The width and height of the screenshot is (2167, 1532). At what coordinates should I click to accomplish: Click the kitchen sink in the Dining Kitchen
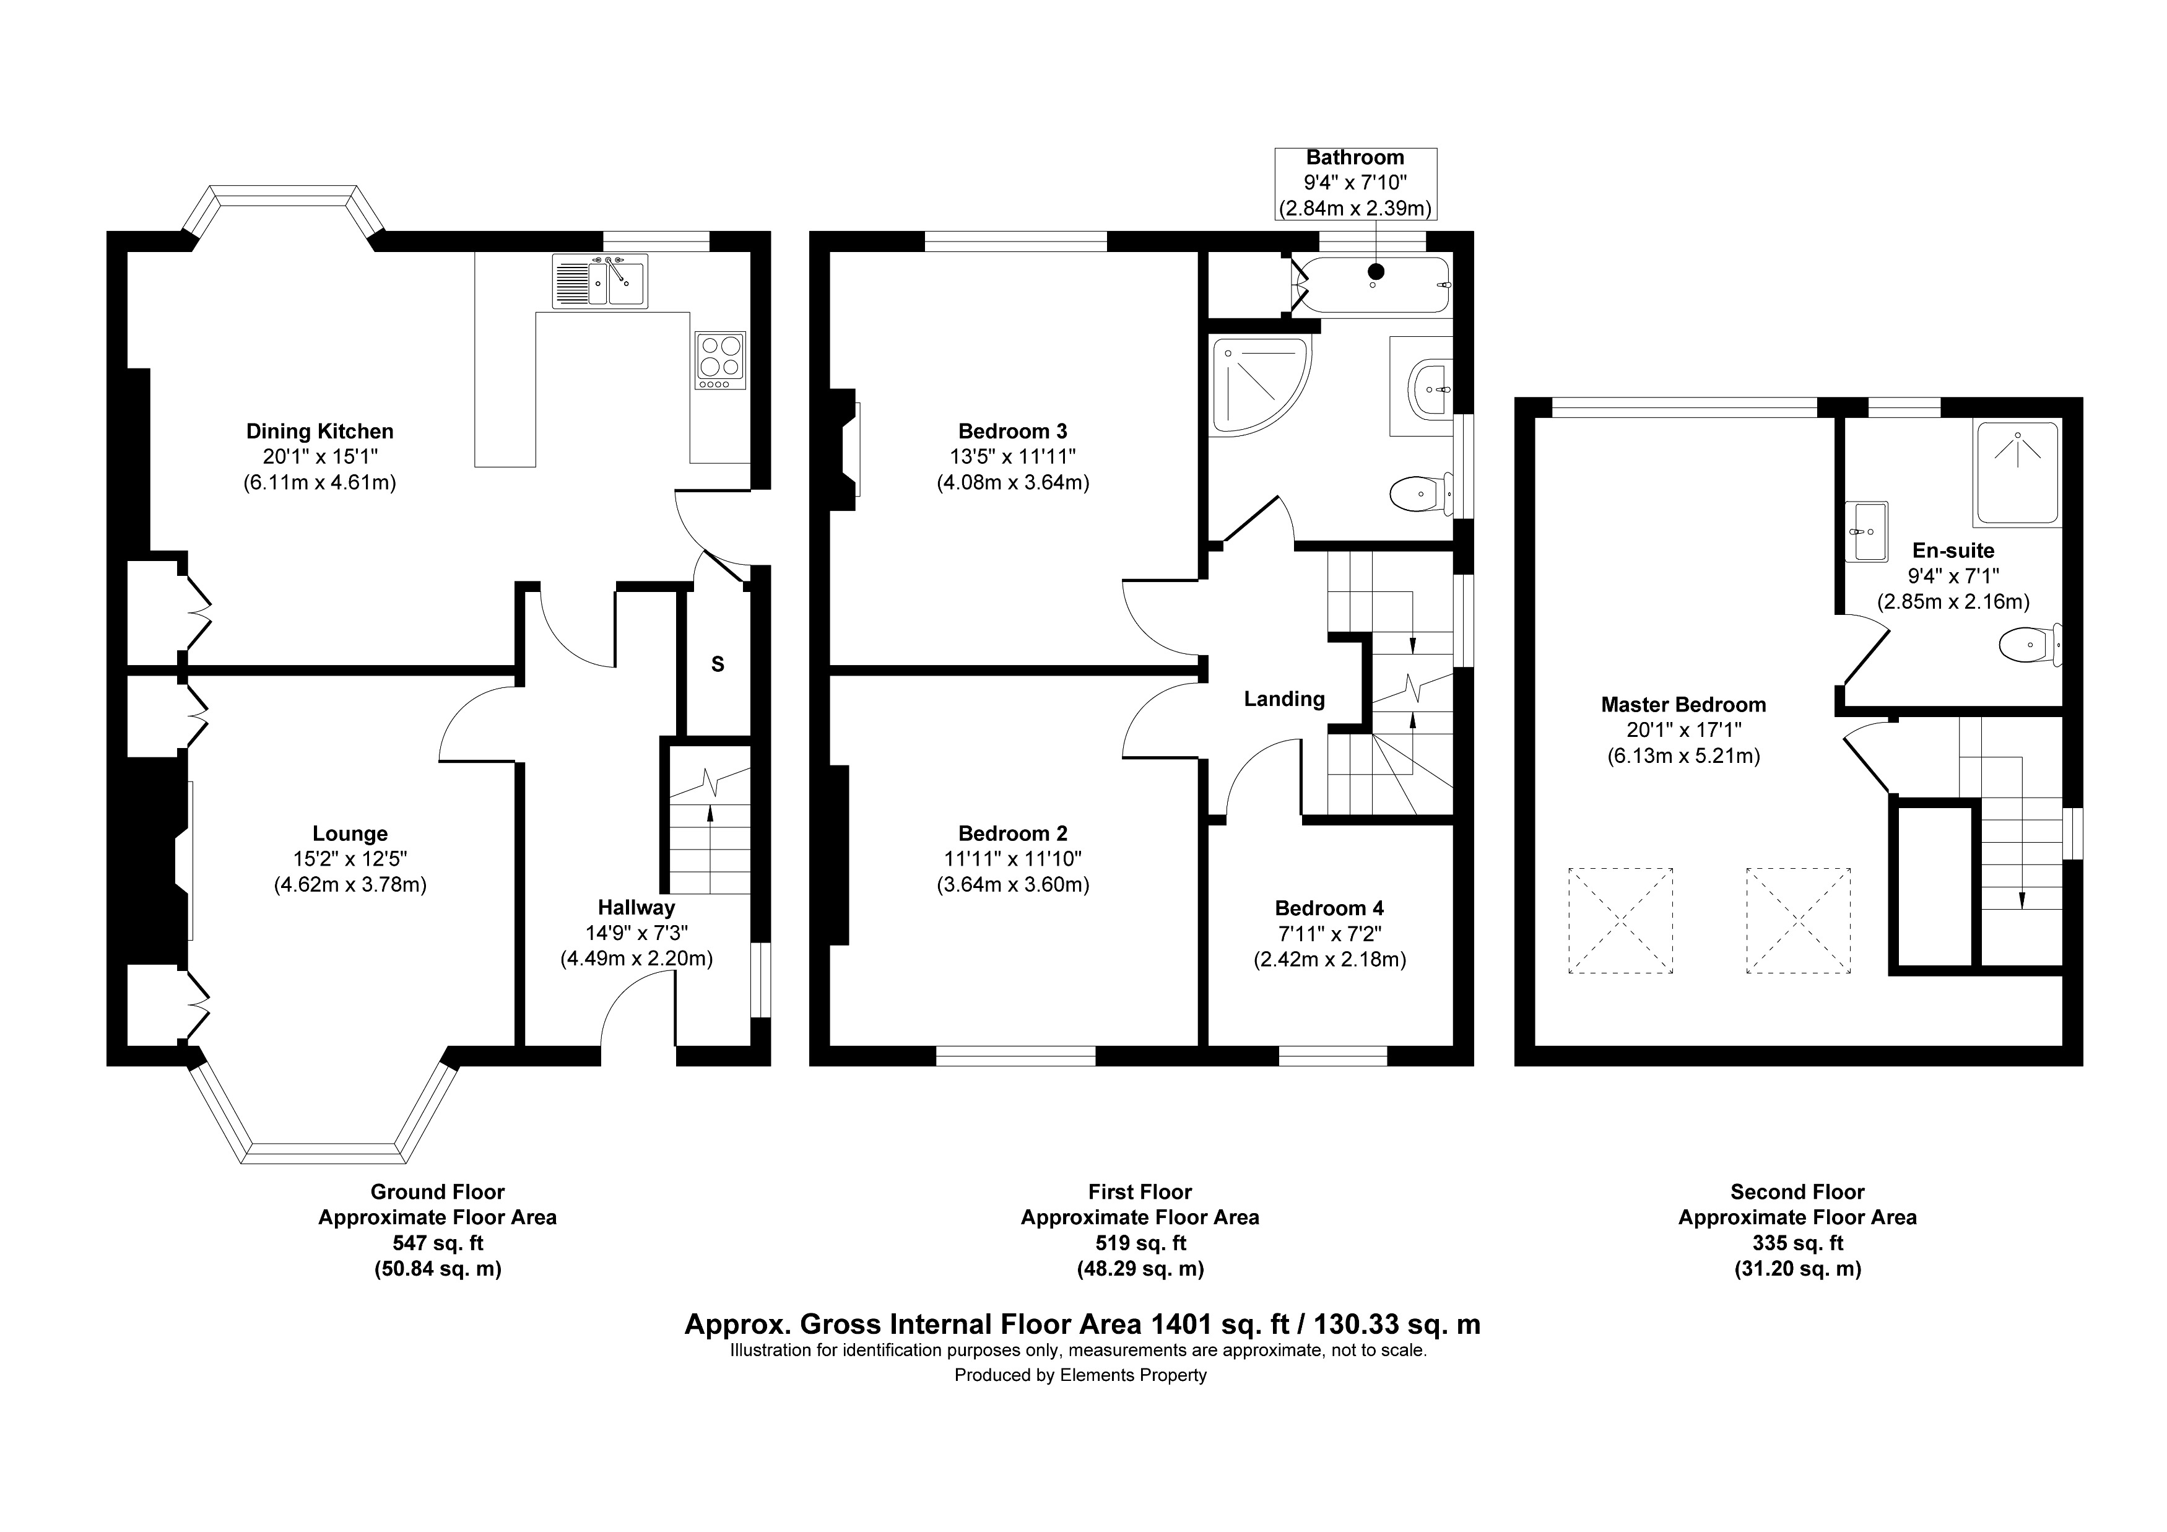coord(601,281)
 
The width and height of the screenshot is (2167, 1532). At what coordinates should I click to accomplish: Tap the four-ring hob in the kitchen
coord(720,360)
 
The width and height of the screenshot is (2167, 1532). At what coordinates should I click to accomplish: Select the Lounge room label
coord(350,833)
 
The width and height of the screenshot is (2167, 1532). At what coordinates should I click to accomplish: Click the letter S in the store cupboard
coord(718,664)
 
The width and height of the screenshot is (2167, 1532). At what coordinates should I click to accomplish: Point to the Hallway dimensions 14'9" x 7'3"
coord(636,933)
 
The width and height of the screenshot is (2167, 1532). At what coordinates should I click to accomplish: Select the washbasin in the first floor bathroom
coord(1430,388)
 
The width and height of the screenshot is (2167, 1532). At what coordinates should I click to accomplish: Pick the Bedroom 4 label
coord(1329,908)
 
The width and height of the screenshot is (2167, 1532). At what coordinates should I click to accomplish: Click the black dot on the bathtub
coord(1376,272)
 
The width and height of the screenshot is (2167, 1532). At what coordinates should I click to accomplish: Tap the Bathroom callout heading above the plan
coord(1355,158)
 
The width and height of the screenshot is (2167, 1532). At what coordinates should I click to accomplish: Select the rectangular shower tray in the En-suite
coord(2016,473)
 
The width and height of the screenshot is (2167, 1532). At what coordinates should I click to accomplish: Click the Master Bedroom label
coord(1683,704)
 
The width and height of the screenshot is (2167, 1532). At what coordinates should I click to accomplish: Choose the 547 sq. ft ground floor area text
coord(438,1243)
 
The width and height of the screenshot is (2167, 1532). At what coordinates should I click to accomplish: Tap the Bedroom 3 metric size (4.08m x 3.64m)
coord(1013,482)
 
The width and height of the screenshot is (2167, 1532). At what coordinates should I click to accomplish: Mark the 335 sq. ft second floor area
coord(1797,1243)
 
